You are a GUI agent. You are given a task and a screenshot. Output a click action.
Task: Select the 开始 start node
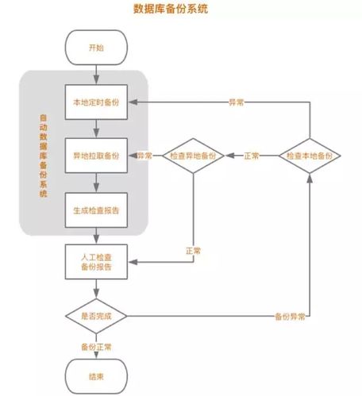(x=95, y=48)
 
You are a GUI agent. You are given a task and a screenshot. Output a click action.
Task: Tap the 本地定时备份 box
(x=95, y=102)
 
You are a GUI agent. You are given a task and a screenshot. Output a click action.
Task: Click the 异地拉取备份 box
(x=95, y=156)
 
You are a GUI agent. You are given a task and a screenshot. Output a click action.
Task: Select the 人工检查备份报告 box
(x=95, y=262)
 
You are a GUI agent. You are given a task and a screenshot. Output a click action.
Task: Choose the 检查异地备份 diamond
(x=194, y=156)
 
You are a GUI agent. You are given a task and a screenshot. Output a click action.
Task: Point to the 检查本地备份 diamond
(x=309, y=156)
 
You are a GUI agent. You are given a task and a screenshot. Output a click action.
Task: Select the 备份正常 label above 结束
(x=95, y=347)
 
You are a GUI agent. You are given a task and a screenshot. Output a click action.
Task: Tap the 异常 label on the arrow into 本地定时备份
(x=236, y=102)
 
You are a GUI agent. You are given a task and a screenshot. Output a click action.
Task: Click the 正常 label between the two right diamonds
(x=252, y=156)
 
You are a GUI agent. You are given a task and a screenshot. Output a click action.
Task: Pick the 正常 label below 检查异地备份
(x=193, y=251)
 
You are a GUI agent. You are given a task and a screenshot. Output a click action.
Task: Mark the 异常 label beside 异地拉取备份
(x=144, y=156)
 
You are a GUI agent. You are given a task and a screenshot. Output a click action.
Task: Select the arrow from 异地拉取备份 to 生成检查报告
(x=95, y=182)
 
